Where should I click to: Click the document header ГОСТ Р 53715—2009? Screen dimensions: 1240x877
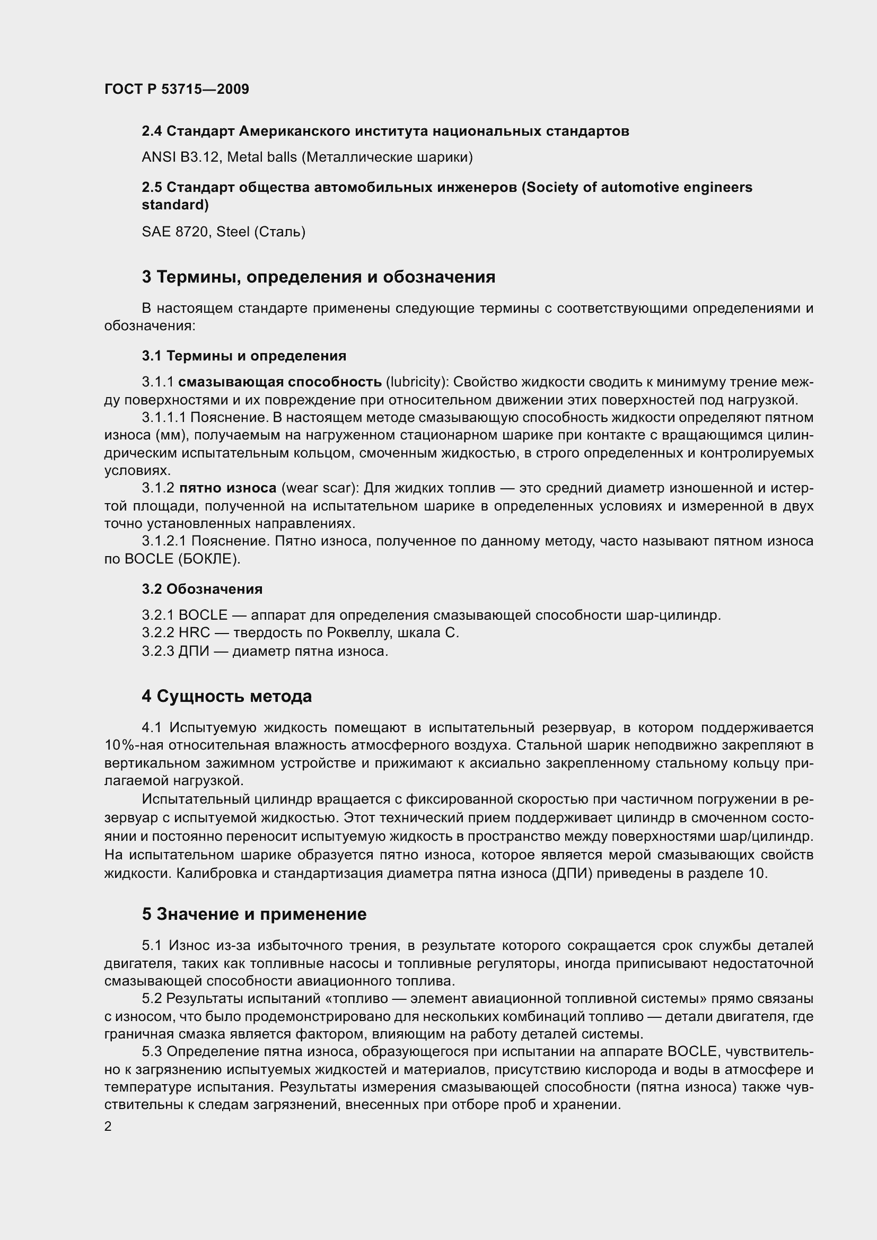click(x=177, y=90)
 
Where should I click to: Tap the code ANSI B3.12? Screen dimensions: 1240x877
click(x=180, y=157)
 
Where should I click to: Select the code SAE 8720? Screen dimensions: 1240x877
click(x=177, y=232)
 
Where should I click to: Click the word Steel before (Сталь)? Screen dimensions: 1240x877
click(x=233, y=232)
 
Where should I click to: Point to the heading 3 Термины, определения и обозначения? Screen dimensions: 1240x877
click(x=318, y=277)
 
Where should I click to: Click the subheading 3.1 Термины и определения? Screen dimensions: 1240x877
click(x=244, y=356)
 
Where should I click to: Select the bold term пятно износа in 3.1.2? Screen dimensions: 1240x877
click(x=227, y=488)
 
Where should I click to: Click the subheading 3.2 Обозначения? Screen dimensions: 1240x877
click(x=203, y=588)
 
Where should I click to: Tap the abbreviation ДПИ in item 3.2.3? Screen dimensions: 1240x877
click(x=194, y=652)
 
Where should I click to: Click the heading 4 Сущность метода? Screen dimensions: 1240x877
click(x=227, y=696)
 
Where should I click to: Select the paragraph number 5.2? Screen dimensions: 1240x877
click(x=152, y=999)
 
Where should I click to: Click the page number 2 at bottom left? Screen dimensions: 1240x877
click(x=108, y=1127)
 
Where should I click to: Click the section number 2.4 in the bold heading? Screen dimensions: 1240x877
click(x=152, y=131)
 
